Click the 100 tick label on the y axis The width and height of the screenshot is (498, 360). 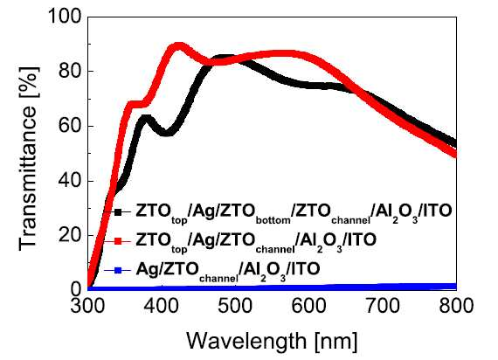[65, 16]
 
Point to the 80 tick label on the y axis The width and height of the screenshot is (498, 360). [71, 71]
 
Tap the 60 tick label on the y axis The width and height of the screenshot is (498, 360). [71, 126]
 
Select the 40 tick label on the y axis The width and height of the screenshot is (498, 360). [71, 181]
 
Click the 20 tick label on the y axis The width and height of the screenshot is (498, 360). [71, 235]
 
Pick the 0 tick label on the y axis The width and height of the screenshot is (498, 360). [76, 290]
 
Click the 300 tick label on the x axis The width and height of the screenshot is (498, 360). [87, 306]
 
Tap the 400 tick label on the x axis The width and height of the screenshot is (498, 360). [162, 306]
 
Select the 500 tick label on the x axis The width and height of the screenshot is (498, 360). [235, 306]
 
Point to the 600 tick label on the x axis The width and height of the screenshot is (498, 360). [308, 306]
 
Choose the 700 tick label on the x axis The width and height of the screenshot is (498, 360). [383, 306]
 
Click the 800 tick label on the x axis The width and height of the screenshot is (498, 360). [456, 306]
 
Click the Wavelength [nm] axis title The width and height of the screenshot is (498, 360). [272, 341]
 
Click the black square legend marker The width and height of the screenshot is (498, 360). [118, 212]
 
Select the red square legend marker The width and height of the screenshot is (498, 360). [118, 241]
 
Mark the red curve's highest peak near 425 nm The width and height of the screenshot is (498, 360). [179, 46]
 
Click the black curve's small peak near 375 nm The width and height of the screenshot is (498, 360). [144, 119]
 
